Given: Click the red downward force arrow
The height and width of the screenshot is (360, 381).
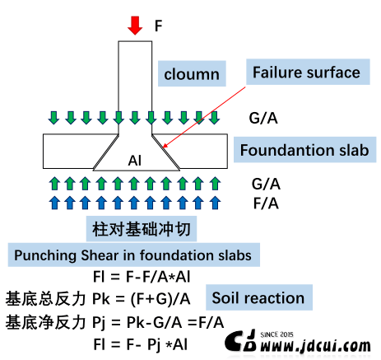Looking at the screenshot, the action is [135, 26].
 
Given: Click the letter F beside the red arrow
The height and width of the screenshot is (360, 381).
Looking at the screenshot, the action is [158, 26].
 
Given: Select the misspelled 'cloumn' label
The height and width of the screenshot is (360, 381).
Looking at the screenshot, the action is [192, 73].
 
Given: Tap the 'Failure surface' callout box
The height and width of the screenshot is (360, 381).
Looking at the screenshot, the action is [308, 72].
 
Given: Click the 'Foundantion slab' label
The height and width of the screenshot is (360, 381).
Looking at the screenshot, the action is [304, 150].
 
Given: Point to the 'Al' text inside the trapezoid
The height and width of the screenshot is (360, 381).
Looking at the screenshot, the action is [135, 161].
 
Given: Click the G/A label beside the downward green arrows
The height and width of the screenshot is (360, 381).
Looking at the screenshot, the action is [263, 118].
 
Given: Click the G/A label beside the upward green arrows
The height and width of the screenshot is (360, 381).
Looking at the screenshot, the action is [266, 184].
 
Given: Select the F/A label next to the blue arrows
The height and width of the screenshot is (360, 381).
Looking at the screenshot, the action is [266, 203].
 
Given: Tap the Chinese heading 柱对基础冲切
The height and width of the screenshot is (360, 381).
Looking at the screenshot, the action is [142, 229].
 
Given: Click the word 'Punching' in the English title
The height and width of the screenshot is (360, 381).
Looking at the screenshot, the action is [45, 255].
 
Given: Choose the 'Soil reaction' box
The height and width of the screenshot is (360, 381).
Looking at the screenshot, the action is [259, 297].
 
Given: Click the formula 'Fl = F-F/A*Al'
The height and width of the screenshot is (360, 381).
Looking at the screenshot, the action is [142, 277].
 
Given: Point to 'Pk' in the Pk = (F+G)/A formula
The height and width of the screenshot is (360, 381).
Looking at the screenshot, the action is [101, 298].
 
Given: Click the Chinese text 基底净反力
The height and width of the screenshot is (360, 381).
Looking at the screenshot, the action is [45, 322].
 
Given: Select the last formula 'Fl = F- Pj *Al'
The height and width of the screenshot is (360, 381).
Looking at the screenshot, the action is [141, 344].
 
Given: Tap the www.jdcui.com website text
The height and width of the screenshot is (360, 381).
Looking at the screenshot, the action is [315, 346].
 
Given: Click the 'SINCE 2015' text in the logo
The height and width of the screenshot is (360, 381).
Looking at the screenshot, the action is [276, 334].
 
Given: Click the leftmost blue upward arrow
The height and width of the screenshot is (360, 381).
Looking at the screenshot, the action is [54, 203].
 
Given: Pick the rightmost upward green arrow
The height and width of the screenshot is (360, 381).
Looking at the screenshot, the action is [215, 184].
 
